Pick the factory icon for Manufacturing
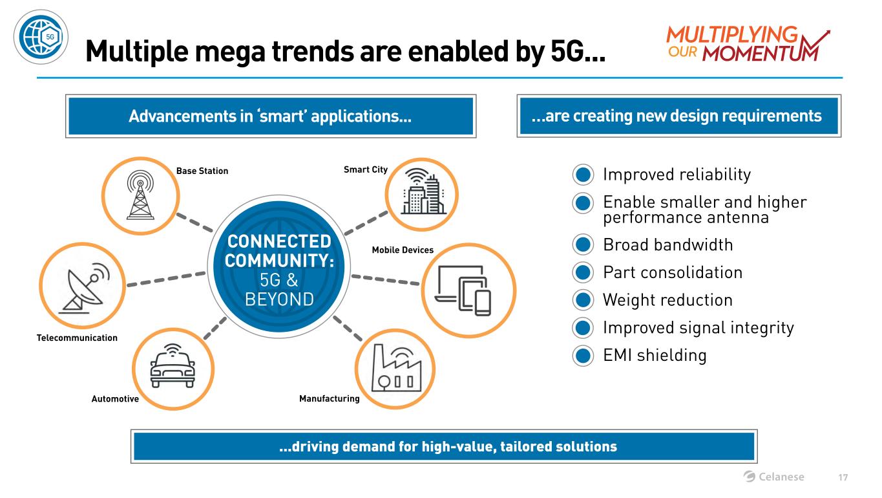coord(395,369)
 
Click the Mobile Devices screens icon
coord(464,290)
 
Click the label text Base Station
coord(202,171)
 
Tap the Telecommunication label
coord(77,338)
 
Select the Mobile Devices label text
coord(403,250)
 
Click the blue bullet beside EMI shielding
coord(582,356)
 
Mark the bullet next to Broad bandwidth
coord(582,246)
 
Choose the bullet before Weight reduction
coord(582,301)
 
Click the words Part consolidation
coord(672,272)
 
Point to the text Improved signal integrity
coord(698,328)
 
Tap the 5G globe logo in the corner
coord(41,37)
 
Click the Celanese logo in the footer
coord(774,477)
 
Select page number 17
coord(843,477)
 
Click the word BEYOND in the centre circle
coord(279,299)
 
